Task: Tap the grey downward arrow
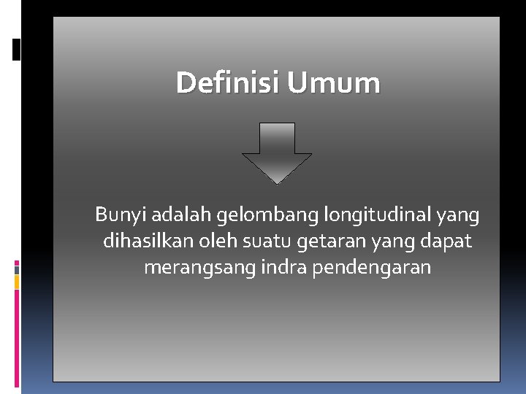point(277,152)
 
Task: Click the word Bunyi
point(116,216)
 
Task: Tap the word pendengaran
point(372,268)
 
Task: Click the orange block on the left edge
point(17,282)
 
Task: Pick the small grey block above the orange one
point(17,269)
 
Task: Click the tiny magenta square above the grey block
point(17,262)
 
